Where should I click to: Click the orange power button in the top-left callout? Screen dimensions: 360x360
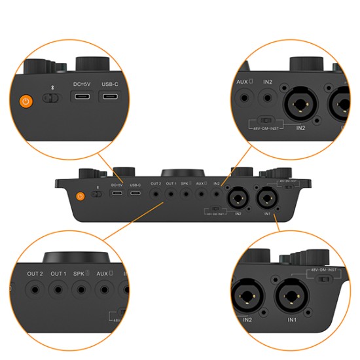coord(26,101)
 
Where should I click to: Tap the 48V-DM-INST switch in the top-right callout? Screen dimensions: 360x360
coord(264,120)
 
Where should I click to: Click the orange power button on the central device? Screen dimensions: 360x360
coord(81,195)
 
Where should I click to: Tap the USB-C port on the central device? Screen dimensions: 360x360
coord(135,194)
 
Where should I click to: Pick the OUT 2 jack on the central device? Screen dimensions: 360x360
coord(156,194)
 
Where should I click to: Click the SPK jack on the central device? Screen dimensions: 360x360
coord(186,194)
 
